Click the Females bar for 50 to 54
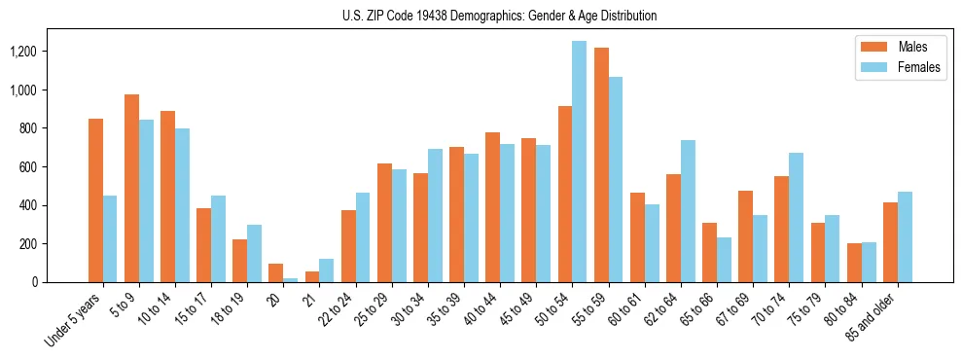[x=579, y=162]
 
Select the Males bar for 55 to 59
[x=600, y=164]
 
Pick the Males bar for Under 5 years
[x=95, y=200]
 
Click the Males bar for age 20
[x=275, y=272]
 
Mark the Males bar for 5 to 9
[x=131, y=188]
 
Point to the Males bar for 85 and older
[x=888, y=242]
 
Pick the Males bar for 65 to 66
[x=708, y=252]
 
